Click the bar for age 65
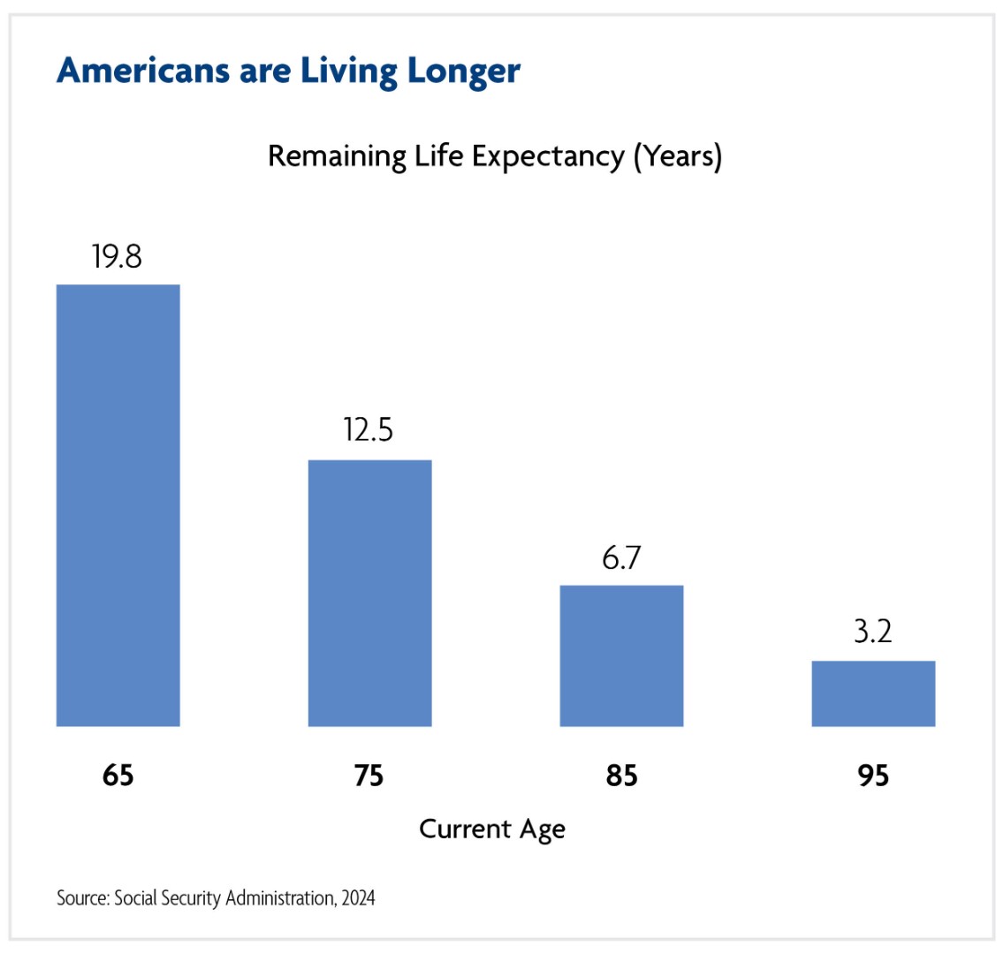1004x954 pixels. tap(118, 505)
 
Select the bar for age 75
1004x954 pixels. tap(370, 593)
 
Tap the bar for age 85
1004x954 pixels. tap(621, 655)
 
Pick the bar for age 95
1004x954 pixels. tap(873, 693)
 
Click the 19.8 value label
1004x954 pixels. tap(117, 256)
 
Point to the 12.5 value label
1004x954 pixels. tap(369, 429)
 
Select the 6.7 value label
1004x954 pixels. tap(621, 558)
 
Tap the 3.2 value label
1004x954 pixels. tap(872, 632)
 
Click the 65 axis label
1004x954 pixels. tap(118, 776)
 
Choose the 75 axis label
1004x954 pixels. tap(369, 776)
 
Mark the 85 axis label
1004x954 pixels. tap(621, 776)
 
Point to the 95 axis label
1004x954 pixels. tap(873, 776)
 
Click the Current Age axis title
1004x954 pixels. tap(492, 829)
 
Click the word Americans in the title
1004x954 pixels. tap(143, 71)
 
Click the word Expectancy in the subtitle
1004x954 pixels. tap(548, 156)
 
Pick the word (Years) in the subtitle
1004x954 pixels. tap(678, 156)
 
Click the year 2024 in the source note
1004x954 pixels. tap(358, 898)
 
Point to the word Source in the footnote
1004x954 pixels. tap(82, 898)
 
